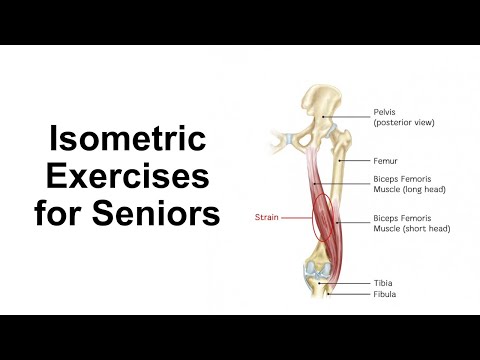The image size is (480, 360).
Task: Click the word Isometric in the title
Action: pos(123,141)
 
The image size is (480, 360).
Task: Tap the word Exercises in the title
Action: pos(123,177)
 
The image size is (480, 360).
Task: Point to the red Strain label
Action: pos(266,215)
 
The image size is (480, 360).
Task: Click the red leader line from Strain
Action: pos(296,215)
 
